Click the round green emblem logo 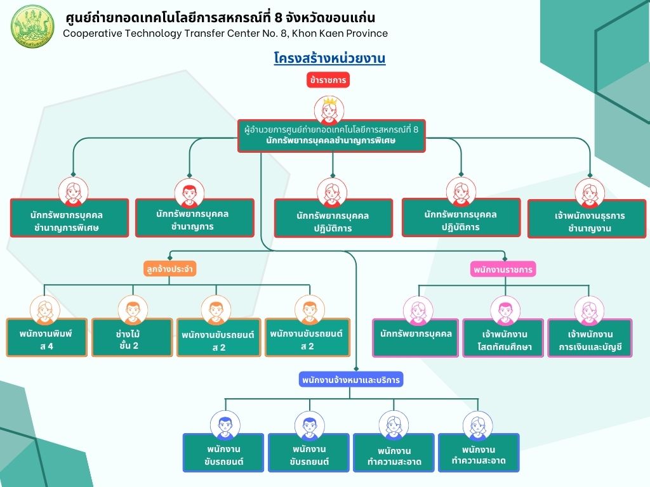[32, 26]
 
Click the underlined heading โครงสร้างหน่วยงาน [329, 58]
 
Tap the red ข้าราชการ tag [328, 80]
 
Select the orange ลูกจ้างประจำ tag [169, 269]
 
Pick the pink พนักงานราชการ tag [503, 269]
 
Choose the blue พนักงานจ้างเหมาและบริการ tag [350, 379]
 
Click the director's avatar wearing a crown [329, 110]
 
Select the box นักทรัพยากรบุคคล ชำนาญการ [194, 218]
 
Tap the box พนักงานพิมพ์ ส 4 [46, 337]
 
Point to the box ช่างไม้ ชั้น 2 [132, 337]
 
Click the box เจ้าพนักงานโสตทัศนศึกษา [503, 338]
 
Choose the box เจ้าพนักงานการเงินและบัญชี [590, 338]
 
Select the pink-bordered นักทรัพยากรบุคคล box [415, 338]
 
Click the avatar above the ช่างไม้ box [133, 309]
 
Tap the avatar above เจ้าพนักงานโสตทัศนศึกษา [505, 311]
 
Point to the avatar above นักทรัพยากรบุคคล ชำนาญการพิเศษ [74, 192]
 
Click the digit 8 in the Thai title [278, 17]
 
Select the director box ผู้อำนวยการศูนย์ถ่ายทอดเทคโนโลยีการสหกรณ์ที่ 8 [331, 136]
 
